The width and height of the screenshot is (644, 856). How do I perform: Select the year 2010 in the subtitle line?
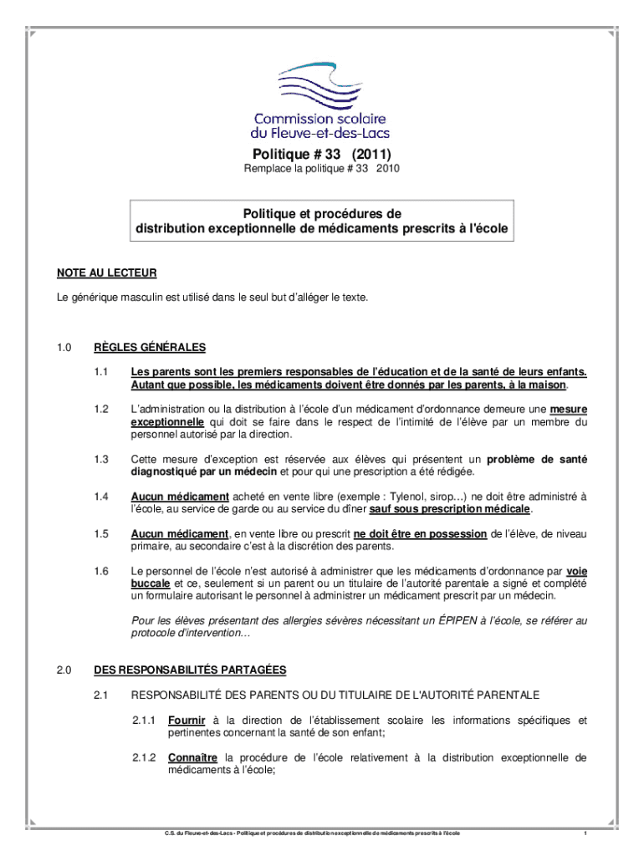(x=388, y=169)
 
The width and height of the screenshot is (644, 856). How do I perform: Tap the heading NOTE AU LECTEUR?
(x=107, y=273)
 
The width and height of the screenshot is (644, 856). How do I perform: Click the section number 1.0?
(x=65, y=348)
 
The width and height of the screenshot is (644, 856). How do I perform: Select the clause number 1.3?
(x=102, y=460)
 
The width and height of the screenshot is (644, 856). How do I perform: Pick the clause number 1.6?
(x=102, y=571)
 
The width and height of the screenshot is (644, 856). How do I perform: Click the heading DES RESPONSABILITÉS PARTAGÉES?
(x=191, y=670)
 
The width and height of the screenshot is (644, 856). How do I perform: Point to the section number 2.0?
(x=65, y=670)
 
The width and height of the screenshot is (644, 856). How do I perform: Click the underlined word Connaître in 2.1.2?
(x=192, y=758)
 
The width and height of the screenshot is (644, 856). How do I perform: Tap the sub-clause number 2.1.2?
(x=145, y=758)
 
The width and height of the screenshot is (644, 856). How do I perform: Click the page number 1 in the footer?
(x=585, y=834)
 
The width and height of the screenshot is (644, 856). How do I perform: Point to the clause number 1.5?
(x=102, y=534)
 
